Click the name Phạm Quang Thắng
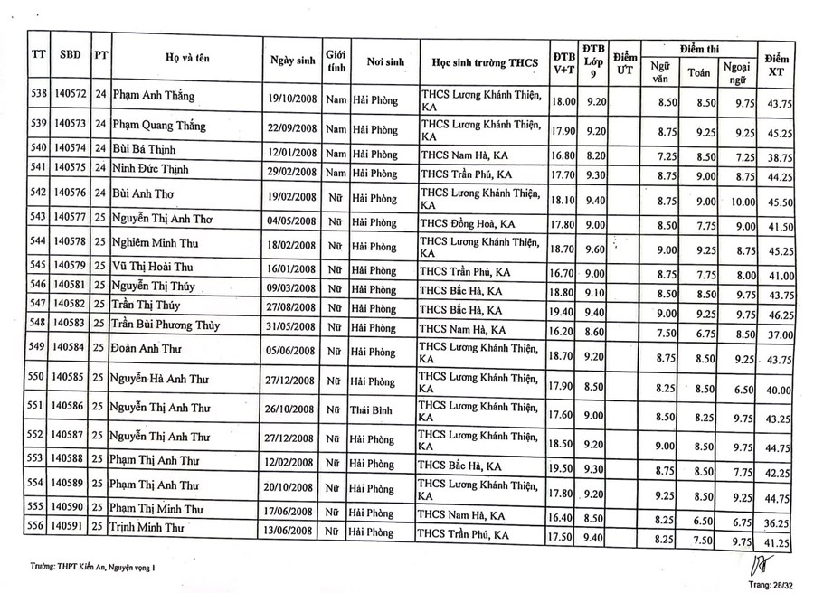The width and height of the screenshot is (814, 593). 158,126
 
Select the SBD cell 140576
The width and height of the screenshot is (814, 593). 70,194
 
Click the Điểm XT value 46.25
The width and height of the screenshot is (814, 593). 779,315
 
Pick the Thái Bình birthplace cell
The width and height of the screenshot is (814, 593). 375,411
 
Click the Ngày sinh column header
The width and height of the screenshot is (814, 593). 292,60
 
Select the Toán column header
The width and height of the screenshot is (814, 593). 698,71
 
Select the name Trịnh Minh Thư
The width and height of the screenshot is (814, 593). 154,525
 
